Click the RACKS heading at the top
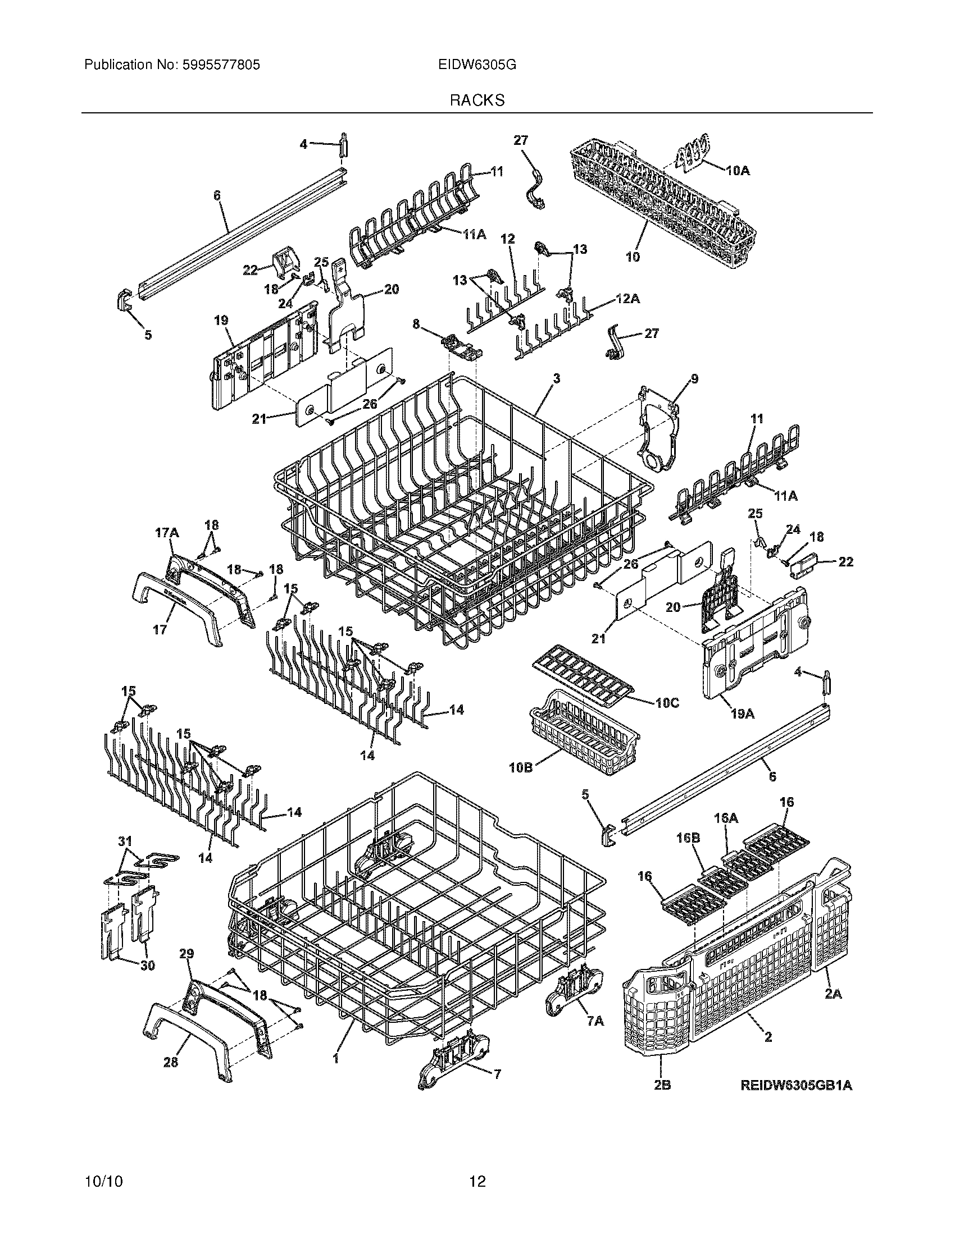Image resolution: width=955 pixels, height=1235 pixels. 477,100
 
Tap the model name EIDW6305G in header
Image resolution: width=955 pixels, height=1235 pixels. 476,65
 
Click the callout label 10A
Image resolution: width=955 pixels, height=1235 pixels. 736,170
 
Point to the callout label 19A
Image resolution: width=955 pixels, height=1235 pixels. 742,714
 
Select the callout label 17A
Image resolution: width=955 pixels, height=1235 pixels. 166,533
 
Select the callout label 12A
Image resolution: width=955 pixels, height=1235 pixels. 629,299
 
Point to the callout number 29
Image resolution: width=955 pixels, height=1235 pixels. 187,954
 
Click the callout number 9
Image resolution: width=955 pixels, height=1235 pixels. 694,379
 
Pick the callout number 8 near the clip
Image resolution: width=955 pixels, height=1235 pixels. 416,324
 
